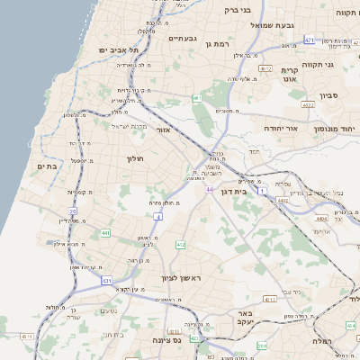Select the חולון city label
132,158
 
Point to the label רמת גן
219,43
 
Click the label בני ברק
238,10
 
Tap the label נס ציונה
188,340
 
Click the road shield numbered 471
310,40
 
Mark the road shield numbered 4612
265,67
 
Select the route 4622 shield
309,105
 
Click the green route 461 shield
197,98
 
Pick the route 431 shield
107,281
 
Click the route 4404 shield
321,217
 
